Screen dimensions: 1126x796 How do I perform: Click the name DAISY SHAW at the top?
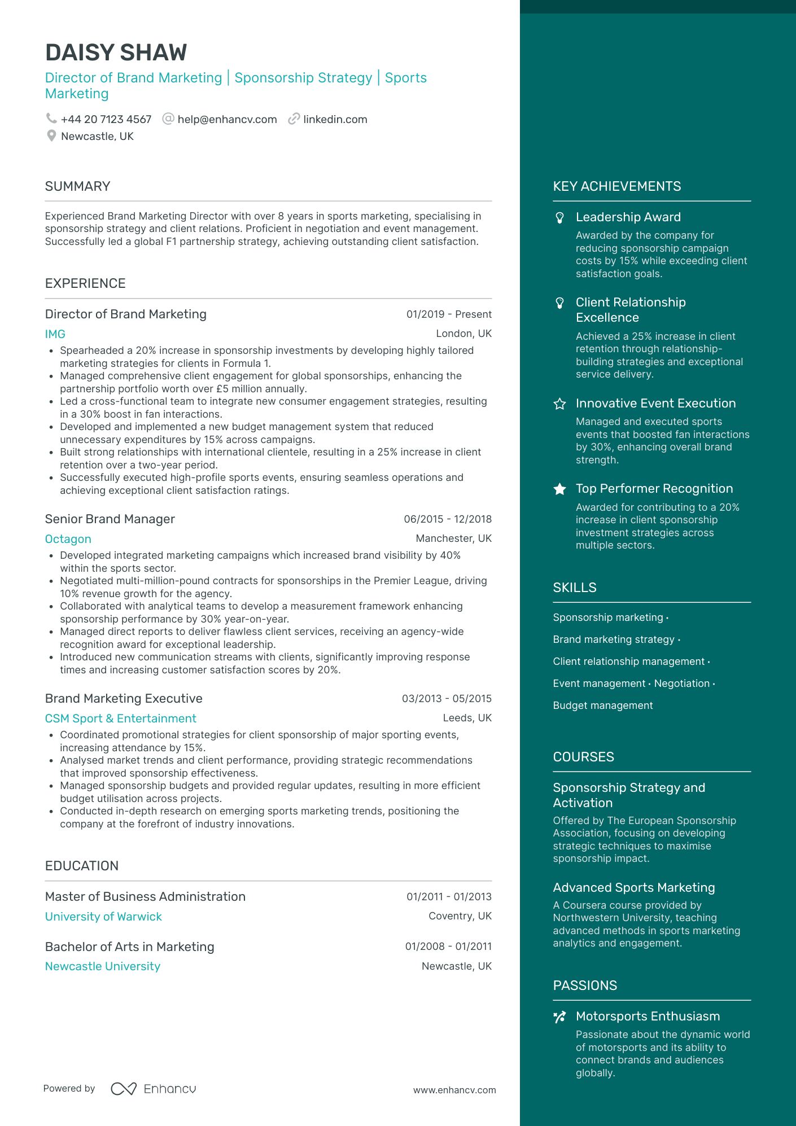click(116, 52)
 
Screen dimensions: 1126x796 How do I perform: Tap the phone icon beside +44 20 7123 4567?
click(51, 119)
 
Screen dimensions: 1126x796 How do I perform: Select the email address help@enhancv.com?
click(227, 120)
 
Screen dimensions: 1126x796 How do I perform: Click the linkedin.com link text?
click(335, 120)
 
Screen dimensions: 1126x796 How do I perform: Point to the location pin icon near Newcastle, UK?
click(51, 136)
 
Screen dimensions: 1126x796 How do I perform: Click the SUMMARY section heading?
click(77, 186)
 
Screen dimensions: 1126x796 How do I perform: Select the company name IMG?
click(55, 334)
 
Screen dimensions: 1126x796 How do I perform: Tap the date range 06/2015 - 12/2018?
click(448, 519)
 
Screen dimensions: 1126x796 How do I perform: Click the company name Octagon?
click(68, 539)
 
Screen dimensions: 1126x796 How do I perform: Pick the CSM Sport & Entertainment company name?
click(120, 718)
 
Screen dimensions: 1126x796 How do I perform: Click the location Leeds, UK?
click(467, 718)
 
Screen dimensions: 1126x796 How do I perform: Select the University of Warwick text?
click(103, 917)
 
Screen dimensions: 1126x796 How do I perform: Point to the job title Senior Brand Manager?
click(110, 519)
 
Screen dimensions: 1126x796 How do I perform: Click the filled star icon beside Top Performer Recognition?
click(559, 489)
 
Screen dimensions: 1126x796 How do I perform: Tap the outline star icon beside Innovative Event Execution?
click(559, 404)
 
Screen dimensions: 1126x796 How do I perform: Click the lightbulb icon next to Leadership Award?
click(559, 217)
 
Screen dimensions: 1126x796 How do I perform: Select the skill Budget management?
click(602, 706)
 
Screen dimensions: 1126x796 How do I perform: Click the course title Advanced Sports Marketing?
click(633, 888)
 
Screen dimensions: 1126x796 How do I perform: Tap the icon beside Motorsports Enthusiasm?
click(559, 1017)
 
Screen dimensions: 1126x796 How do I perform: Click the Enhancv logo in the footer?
click(154, 1089)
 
